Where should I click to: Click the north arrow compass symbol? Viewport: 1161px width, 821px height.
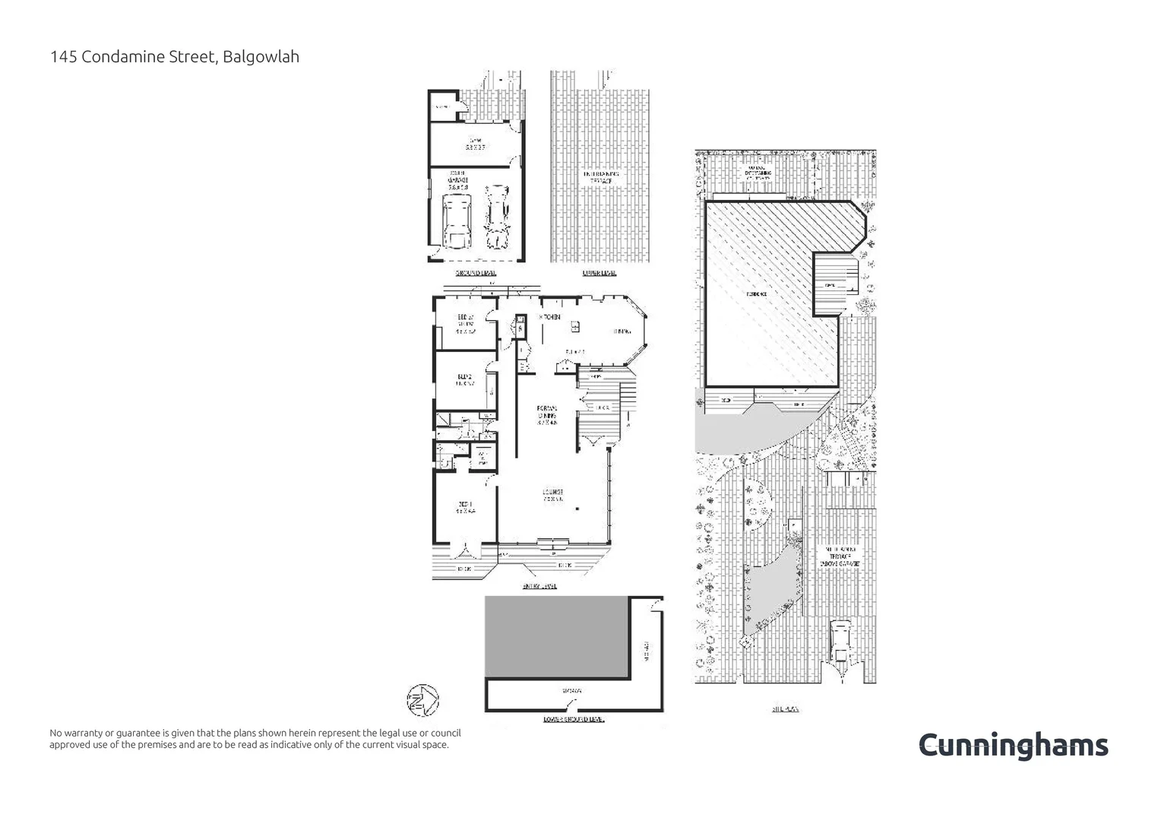pos(422,699)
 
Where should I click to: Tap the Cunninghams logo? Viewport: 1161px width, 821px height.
pos(1013,746)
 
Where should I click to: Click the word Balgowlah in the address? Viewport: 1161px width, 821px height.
pos(262,56)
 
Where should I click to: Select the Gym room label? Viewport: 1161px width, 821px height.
pos(476,144)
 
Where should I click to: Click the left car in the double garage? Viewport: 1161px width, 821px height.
pos(456,220)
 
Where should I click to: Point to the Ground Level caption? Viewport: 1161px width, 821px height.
pos(476,273)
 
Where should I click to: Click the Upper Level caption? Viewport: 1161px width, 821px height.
pos(599,273)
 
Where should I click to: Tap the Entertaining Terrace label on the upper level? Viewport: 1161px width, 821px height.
pos(601,178)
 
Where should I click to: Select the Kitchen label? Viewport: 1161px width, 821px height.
pos(550,316)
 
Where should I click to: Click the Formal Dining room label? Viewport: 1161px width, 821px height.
pos(547,416)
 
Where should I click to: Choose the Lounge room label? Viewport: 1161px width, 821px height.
pos(552,495)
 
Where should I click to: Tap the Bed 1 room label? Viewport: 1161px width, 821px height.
pos(465,507)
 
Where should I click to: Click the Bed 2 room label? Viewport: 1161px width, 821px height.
pos(465,379)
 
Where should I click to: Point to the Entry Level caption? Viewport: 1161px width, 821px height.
pos(539,586)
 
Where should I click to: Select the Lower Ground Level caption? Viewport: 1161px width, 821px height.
pos(574,718)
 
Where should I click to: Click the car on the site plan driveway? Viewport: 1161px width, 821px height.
pos(840,640)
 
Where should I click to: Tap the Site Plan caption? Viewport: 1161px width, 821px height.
pos(785,708)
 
